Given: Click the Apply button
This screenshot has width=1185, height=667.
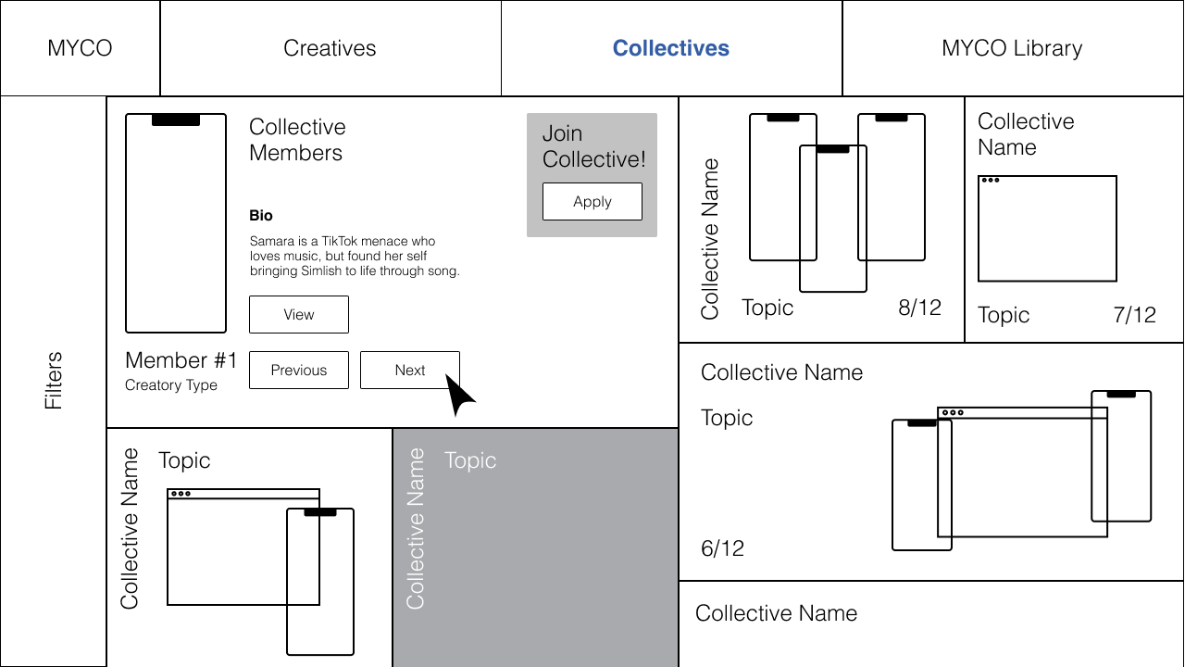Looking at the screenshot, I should point(592,202).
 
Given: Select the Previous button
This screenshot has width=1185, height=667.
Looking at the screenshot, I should point(299,371).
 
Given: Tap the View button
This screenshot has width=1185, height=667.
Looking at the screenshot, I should point(299,315).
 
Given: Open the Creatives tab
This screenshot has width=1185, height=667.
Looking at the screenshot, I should point(330,48).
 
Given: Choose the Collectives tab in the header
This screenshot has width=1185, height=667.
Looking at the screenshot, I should point(671,48).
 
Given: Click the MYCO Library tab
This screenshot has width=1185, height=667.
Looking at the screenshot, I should point(1012,48).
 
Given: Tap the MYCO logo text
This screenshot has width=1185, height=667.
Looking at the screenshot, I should point(80,48).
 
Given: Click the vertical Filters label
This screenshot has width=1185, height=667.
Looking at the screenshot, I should point(54,381).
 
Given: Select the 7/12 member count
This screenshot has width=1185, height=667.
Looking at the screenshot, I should point(1134,315).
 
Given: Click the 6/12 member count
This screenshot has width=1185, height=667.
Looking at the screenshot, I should point(722,548).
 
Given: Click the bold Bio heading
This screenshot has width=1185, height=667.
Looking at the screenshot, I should point(261,216).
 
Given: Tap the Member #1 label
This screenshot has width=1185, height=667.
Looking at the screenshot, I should point(181,360).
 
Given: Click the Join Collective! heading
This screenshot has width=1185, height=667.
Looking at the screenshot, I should point(593,146).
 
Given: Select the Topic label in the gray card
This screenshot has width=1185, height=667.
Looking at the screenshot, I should point(470,460).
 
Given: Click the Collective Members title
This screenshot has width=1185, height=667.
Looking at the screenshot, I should point(297,140).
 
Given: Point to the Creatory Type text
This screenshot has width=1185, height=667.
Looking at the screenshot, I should point(171,385).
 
